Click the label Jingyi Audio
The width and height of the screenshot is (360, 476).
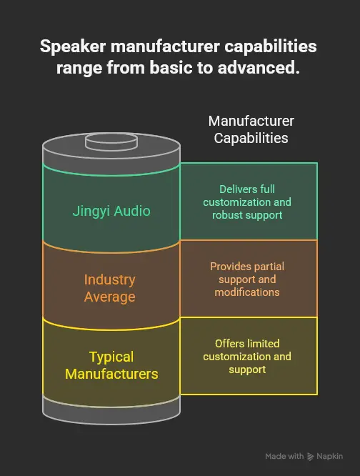(x=111, y=211)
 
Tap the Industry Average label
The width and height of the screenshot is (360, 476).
(x=109, y=287)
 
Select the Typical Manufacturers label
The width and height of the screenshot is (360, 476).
(x=111, y=365)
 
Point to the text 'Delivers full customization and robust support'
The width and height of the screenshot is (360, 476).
(x=246, y=202)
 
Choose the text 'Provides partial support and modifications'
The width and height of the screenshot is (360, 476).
(x=246, y=279)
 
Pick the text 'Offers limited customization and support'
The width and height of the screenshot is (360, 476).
(x=246, y=356)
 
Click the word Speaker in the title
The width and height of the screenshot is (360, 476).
(x=69, y=47)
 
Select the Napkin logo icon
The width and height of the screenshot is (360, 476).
(x=311, y=456)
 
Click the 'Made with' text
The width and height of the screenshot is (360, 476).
(x=284, y=456)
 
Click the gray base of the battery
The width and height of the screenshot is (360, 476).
(x=111, y=409)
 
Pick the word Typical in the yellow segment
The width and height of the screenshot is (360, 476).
(x=111, y=357)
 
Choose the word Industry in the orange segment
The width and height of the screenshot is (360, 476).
(x=109, y=279)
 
